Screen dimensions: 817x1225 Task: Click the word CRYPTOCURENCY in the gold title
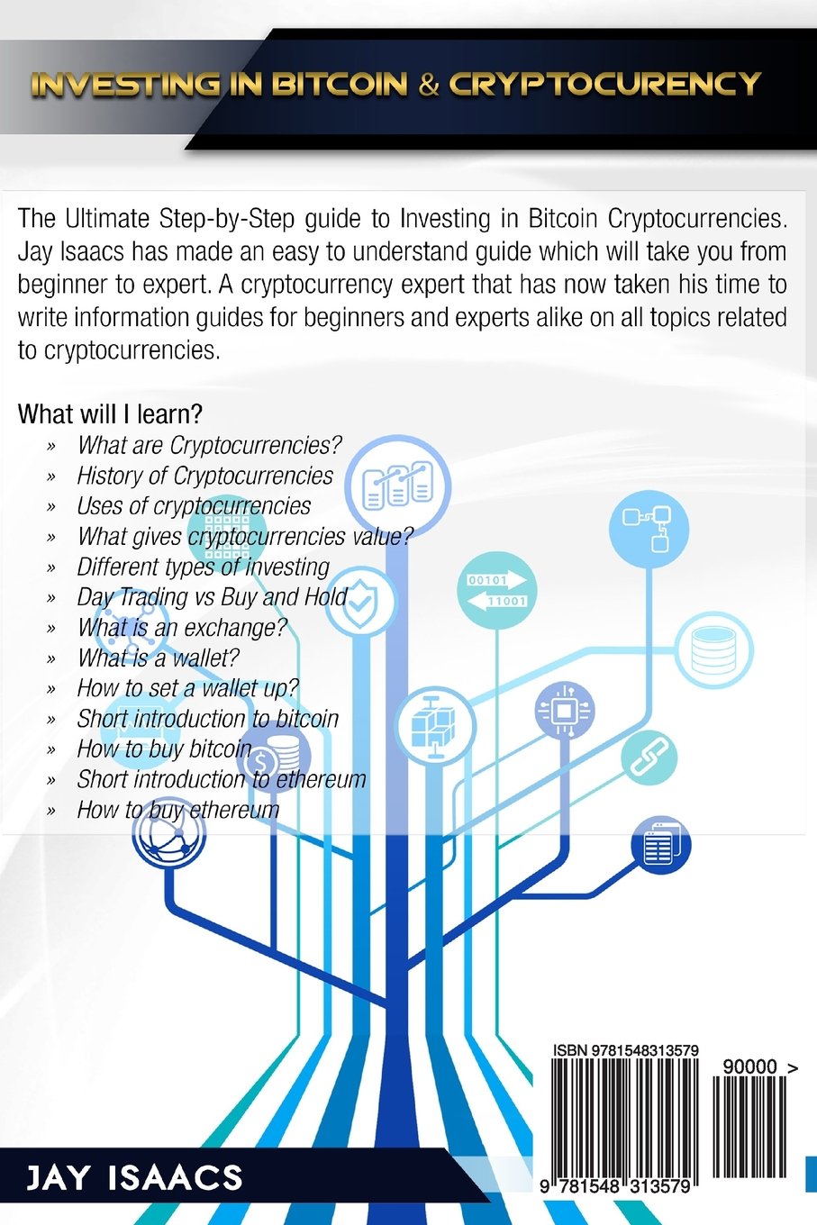pyautogui.click(x=604, y=84)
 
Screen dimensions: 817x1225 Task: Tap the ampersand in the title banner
pyautogui.click(x=429, y=85)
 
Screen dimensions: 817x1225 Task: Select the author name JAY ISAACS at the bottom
pyautogui.click(x=134, y=1178)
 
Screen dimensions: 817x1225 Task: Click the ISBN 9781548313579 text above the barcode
pyautogui.click(x=625, y=1050)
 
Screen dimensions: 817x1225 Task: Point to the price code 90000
pyautogui.click(x=749, y=1066)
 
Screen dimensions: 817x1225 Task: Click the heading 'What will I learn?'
pyautogui.click(x=110, y=414)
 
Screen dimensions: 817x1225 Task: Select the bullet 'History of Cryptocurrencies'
pyautogui.click(x=204, y=476)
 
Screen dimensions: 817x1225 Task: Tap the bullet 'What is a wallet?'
pyautogui.click(x=158, y=658)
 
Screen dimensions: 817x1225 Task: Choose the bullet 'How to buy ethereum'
pyautogui.click(x=177, y=810)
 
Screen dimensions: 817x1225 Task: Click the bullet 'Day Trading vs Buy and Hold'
pyautogui.click(x=212, y=597)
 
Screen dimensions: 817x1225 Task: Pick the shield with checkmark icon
pyautogui.click(x=359, y=601)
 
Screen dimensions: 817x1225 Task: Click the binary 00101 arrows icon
pyautogui.click(x=496, y=591)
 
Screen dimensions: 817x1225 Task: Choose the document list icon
pyautogui.click(x=660, y=845)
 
